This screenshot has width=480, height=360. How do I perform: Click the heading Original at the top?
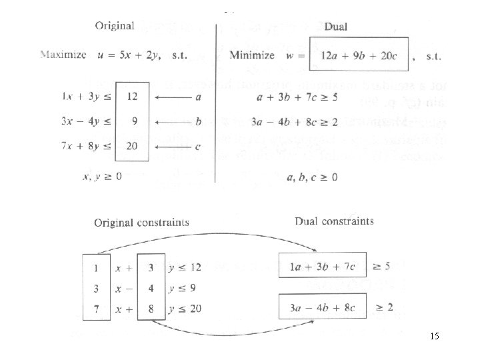[115, 27]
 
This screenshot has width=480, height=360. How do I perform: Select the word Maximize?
[63, 54]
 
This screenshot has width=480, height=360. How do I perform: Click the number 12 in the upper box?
[132, 97]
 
